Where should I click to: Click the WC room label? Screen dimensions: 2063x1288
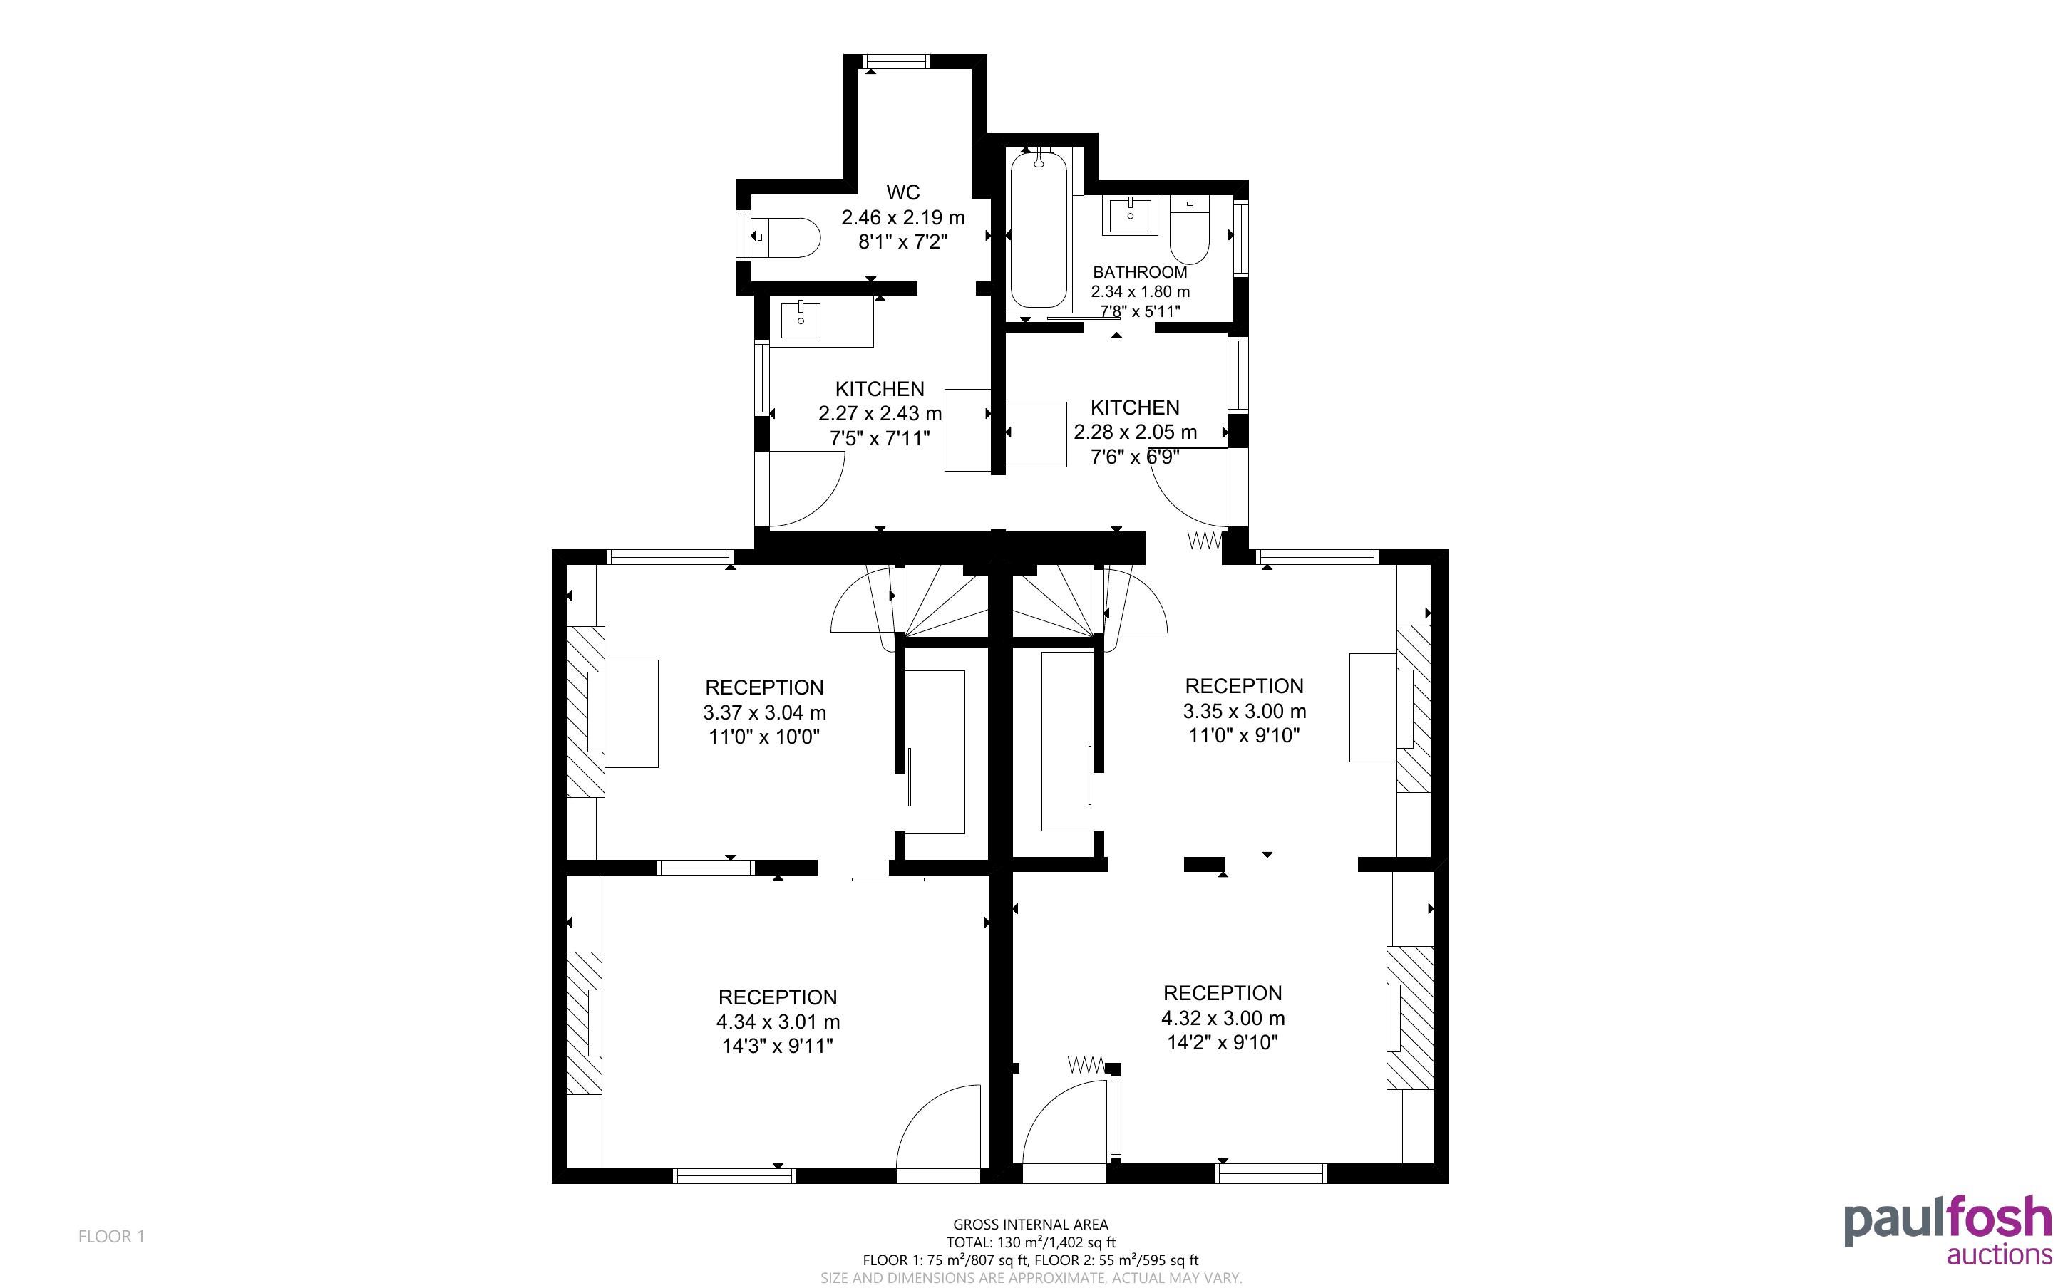click(x=902, y=192)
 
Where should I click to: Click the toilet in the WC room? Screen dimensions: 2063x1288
click(x=786, y=237)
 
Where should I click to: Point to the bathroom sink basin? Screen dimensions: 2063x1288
click(x=1131, y=216)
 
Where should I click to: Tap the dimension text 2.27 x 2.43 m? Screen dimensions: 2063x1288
click(x=880, y=414)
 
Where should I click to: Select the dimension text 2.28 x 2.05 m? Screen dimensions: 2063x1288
click(x=1135, y=432)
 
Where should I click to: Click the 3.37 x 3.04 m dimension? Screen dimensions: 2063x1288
click(x=764, y=713)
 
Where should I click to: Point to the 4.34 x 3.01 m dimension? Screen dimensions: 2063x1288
click(x=778, y=1022)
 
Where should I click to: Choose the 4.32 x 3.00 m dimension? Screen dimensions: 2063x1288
click(x=1223, y=1019)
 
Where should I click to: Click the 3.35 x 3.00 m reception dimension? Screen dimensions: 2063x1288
click(x=1244, y=711)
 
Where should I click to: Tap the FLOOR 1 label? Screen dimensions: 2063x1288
click(x=112, y=1237)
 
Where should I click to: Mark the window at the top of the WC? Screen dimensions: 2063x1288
click(x=895, y=61)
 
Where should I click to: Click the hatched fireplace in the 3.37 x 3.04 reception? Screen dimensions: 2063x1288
click(x=585, y=712)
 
